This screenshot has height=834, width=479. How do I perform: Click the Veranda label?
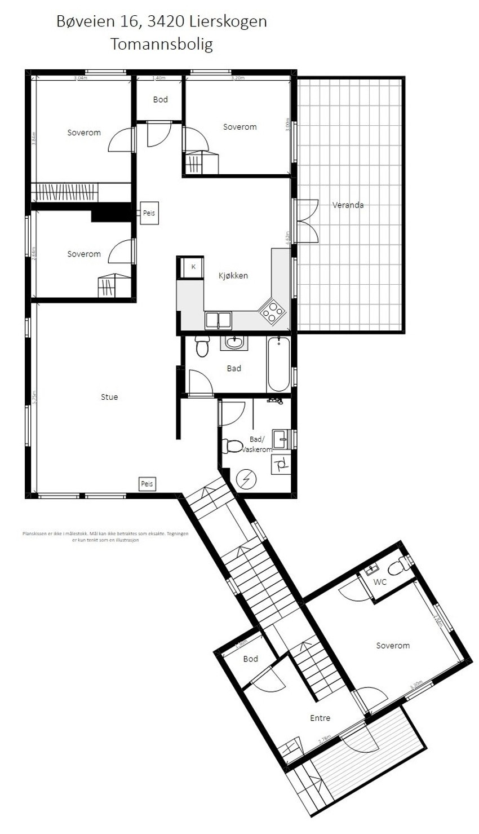[x=348, y=205]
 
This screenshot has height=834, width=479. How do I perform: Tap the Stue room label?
[x=109, y=397]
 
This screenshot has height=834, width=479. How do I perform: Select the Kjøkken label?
[x=233, y=276]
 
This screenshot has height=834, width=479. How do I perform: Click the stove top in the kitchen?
[x=271, y=311]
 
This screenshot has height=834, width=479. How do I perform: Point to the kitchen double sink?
[x=218, y=320]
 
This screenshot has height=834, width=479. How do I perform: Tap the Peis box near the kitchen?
[x=149, y=213]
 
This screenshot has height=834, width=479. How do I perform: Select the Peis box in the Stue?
[x=147, y=483]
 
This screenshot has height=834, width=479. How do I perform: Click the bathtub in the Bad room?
[x=278, y=364]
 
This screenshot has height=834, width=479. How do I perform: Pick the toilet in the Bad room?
[x=202, y=346]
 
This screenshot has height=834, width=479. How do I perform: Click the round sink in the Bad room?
[x=233, y=342]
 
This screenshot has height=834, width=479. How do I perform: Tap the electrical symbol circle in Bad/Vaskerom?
[x=246, y=480]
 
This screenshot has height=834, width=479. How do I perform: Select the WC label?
[x=381, y=581]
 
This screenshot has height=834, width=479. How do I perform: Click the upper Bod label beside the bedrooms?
[x=161, y=100]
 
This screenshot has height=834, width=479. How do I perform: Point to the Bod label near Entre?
[x=251, y=659]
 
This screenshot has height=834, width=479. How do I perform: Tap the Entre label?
[x=320, y=718]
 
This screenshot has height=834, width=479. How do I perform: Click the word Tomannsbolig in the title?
[x=162, y=45]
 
